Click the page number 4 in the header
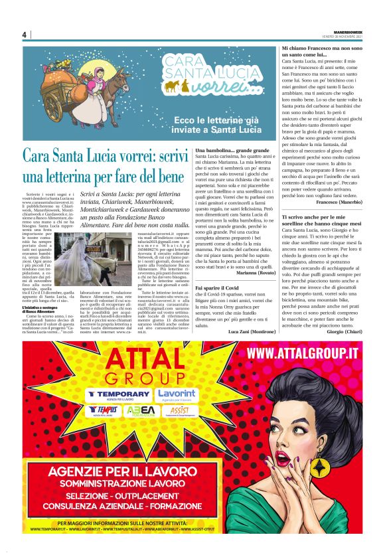[24, 35]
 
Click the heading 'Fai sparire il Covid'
[220, 287]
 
